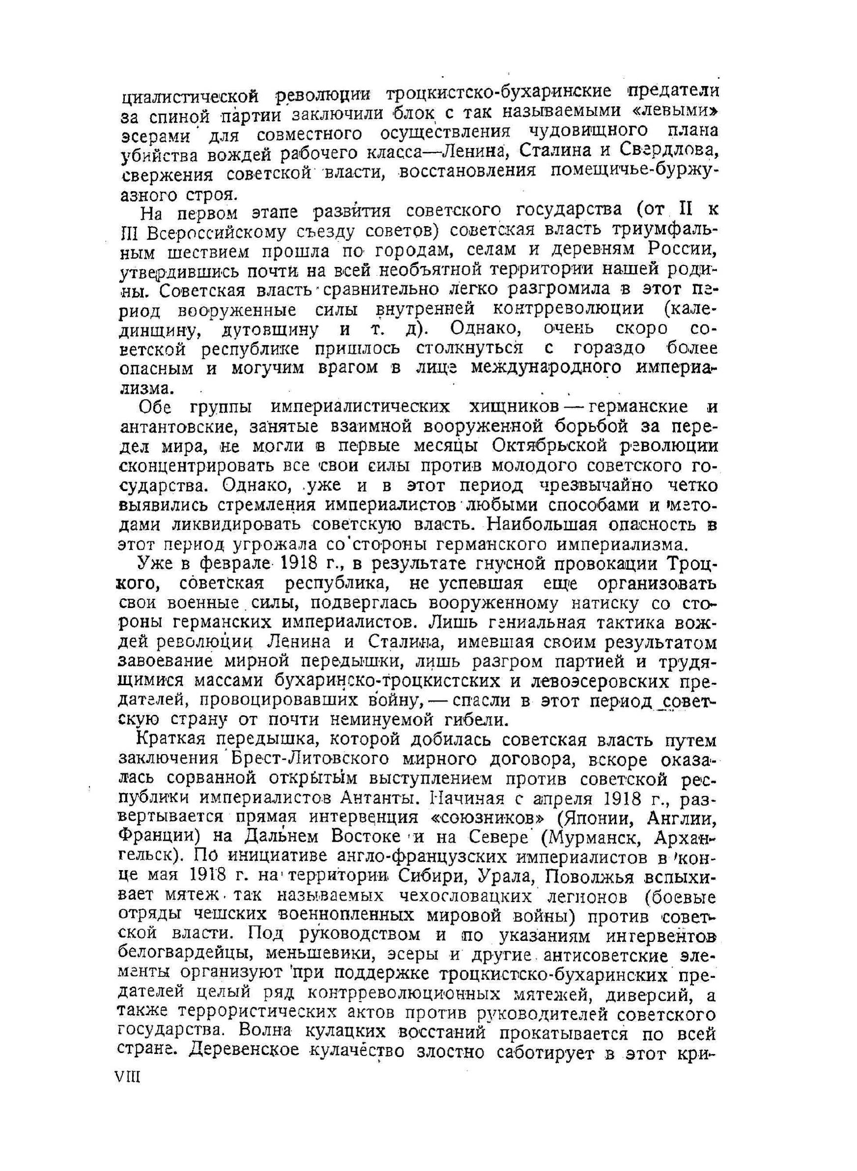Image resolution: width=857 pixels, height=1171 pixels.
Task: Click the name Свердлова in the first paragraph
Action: tap(669, 151)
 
